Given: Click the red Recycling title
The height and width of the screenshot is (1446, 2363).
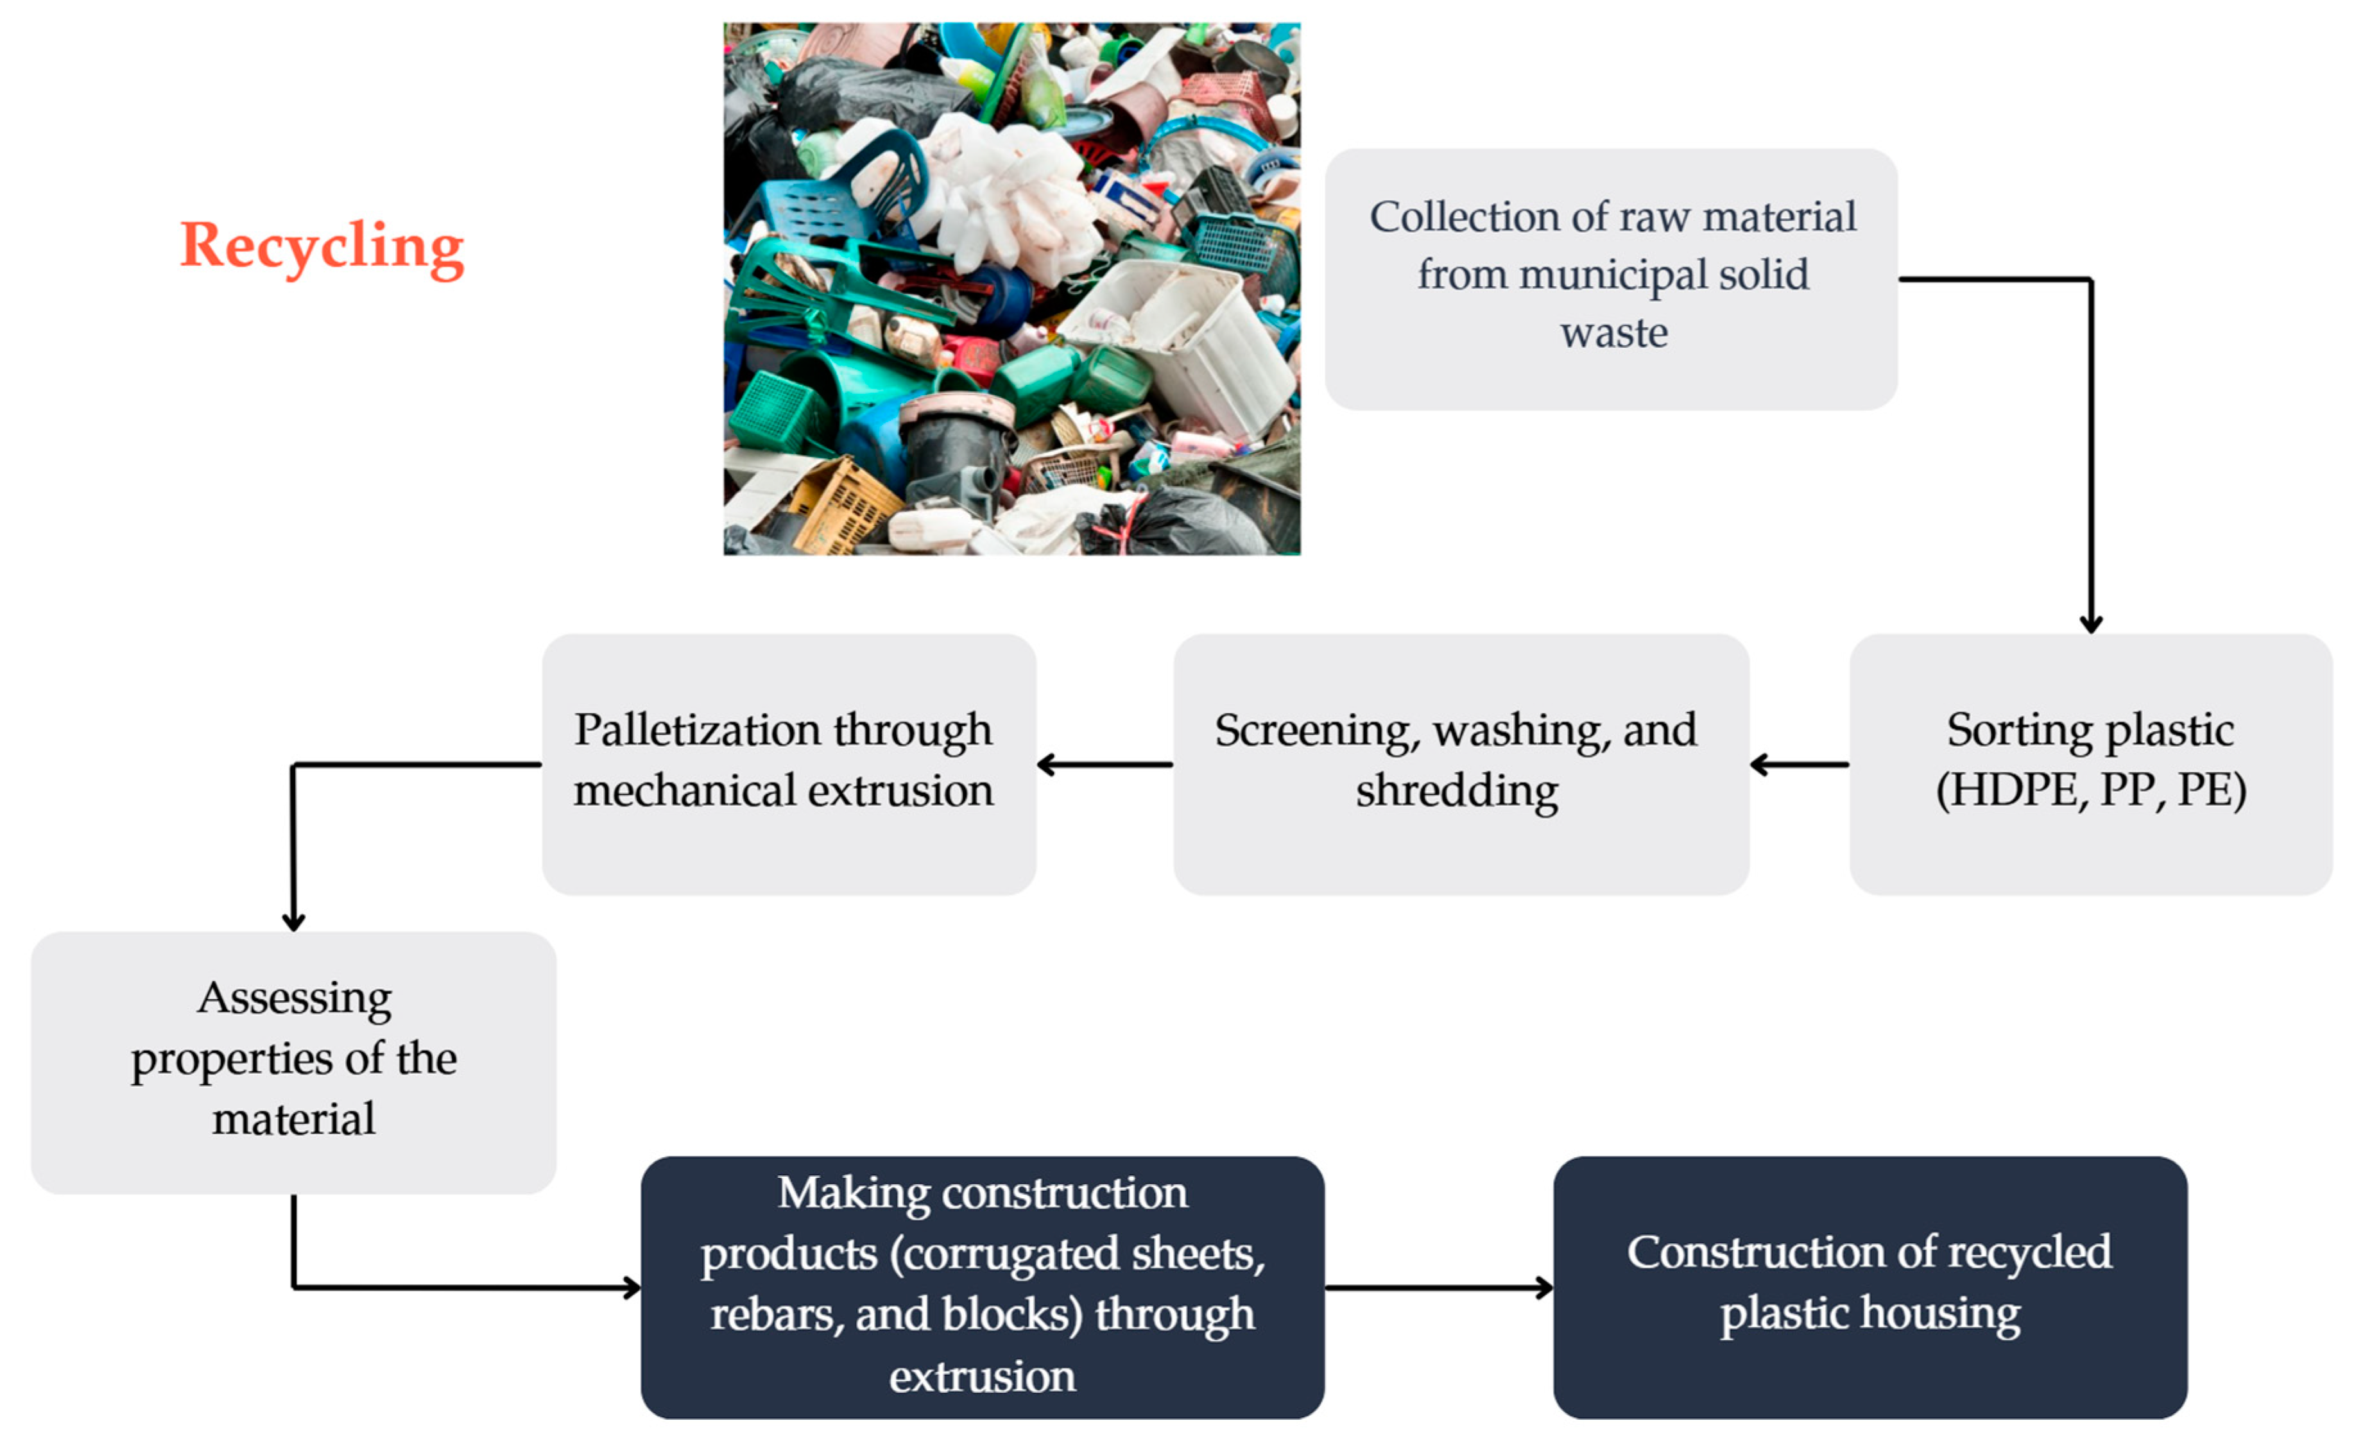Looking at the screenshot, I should point(322,246).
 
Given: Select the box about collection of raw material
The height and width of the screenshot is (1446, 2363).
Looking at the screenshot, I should point(1611,279).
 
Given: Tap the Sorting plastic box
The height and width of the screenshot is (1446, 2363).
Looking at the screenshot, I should point(2091,764).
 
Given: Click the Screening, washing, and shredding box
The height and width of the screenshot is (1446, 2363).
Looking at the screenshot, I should point(1461,764).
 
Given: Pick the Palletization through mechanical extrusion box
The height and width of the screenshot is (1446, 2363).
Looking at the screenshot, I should point(788,764).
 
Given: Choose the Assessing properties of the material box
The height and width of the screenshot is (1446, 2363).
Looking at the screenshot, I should point(293,1062).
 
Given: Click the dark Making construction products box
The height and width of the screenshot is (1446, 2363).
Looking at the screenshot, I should point(982,1287).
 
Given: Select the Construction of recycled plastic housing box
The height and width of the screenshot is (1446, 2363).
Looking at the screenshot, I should point(1870,1287).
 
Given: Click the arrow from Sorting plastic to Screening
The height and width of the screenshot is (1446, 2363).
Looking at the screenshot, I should point(1799,764).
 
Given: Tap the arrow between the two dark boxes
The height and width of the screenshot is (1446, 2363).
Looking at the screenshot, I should point(1438,1287).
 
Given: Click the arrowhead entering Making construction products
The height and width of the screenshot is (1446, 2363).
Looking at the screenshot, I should point(631,1287).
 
